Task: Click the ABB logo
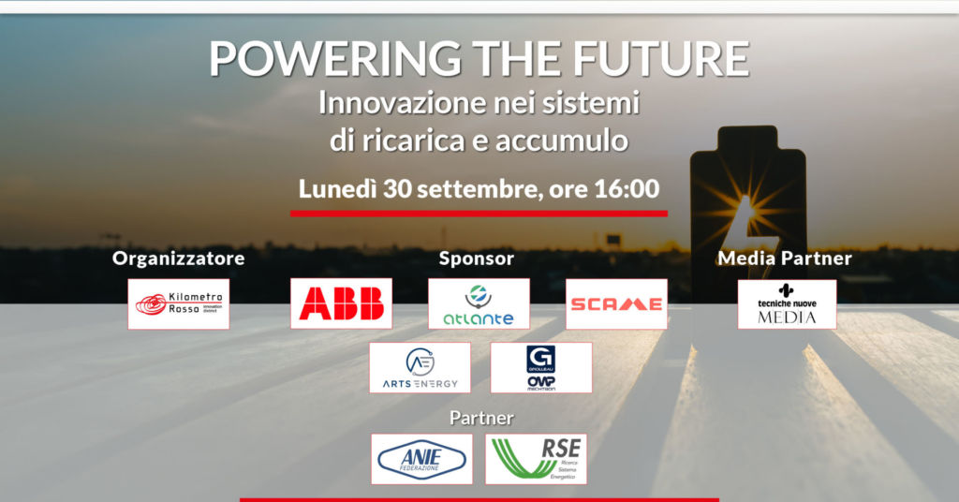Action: pyautogui.click(x=341, y=303)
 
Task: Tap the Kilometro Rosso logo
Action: pyautogui.click(x=178, y=303)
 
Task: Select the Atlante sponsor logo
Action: pyautogui.click(x=479, y=303)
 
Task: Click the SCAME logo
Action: pyautogui.click(x=616, y=303)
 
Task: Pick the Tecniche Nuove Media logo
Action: pyautogui.click(x=787, y=303)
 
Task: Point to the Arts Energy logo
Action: pyautogui.click(x=420, y=367)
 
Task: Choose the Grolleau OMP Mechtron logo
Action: pyautogui.click(x=540, y=367)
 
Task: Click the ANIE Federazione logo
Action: pyautogui.click(x=420, y=458)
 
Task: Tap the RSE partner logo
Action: pyautogui.click(x=536, y=458)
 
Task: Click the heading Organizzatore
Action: pyautogui.click(x=178, y=258)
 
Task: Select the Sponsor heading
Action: pyautogui.click(x=477, y=258)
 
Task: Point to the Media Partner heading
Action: pyautogui.click(x=785, y=258)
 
